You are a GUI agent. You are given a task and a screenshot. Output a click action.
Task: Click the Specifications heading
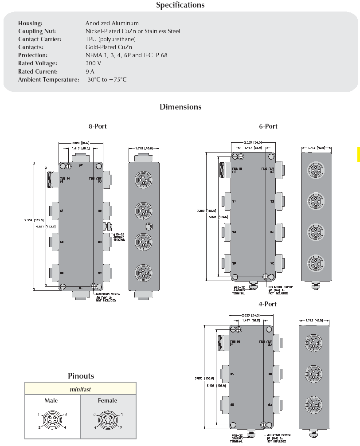180,5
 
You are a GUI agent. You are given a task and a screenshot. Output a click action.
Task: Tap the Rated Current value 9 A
90,71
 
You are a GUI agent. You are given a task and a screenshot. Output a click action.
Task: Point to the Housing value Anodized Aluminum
112,23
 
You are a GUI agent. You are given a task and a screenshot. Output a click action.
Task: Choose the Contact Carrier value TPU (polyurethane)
110,39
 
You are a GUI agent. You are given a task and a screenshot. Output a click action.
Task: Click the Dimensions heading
180,107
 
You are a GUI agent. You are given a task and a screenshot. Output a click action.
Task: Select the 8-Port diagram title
98,126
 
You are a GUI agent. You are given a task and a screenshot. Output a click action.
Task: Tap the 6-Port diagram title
268,126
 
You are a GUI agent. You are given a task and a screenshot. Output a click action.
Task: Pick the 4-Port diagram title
267,304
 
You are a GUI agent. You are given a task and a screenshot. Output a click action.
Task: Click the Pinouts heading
81,376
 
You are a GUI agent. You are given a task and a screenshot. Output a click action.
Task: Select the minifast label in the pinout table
80,389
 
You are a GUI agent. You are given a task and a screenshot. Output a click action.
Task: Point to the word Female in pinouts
107,401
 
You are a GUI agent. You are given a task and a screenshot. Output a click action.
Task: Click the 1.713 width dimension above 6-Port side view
316,148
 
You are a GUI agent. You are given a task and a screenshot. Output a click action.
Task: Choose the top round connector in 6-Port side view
316,172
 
